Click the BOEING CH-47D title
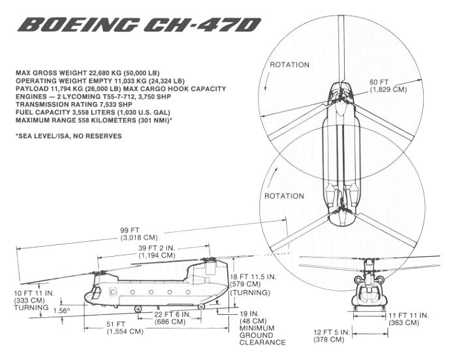(140, 25)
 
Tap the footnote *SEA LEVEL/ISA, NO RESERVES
(68, 136)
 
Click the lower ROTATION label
(283, 195)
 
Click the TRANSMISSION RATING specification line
(78, 104)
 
